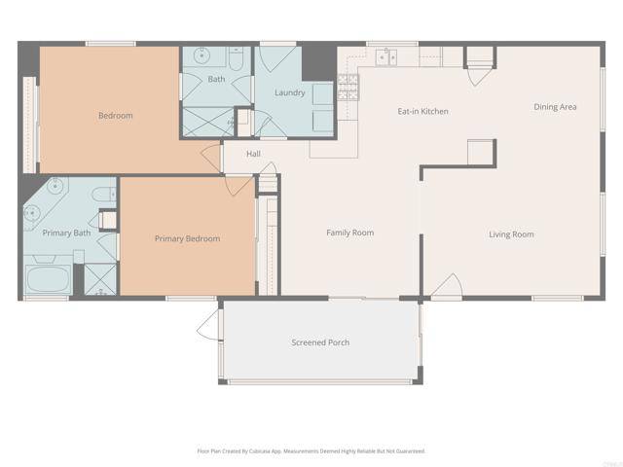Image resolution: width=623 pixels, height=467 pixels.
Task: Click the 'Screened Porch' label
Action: [x=320, y=342]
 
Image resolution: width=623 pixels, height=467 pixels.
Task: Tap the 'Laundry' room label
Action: [x=289, y=93]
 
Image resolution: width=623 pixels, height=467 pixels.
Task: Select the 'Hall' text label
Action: [x=253, y=154]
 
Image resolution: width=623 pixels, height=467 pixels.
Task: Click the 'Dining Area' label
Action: [x=555, y=107]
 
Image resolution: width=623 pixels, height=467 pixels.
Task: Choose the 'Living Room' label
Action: [x=510, y=234]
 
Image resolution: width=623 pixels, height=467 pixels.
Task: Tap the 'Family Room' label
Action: [x=349, y=233]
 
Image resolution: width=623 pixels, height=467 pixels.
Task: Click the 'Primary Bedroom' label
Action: [x=187, y=238]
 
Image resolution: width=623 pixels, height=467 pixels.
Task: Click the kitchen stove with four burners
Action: [x=348, y=85]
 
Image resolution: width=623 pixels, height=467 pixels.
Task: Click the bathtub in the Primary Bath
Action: [x=45, y=279]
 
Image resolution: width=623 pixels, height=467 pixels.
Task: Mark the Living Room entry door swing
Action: [x=446, y=286]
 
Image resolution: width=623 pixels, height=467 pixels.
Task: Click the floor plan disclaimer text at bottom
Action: [x=311, y=451]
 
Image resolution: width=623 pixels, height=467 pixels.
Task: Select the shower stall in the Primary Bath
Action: [x=99, y=278]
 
